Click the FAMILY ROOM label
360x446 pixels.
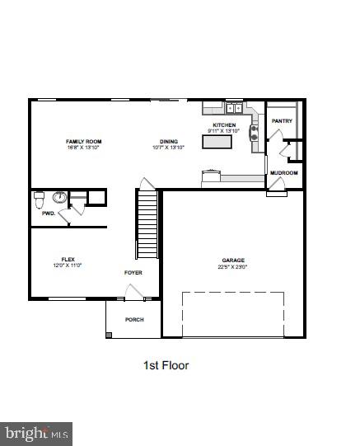coord(83,142)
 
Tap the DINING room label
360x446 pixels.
coord(169,142)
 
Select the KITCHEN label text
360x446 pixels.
coord(224,125)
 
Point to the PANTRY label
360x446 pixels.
coord(282,121)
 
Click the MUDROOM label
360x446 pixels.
coord(284,173)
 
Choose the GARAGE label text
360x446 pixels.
coord(233,260)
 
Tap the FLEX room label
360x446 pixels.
coord(68,258)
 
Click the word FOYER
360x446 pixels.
coord(133,272)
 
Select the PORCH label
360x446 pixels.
coord(133,319)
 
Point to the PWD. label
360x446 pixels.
coord(48,214)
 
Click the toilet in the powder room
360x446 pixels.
coord(39,199)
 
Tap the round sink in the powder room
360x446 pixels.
coord(58,198)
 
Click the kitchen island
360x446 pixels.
coord(217,142)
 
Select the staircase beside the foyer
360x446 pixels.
coord(147,223)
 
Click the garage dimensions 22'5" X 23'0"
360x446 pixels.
coord(233,267)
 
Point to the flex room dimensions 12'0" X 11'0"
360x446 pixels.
coord(68,265)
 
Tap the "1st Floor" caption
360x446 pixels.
coord(166,365)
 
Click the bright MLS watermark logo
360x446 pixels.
coord(37,433)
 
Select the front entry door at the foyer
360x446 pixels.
coord(132,292)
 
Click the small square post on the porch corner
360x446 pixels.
coord(110,334)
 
